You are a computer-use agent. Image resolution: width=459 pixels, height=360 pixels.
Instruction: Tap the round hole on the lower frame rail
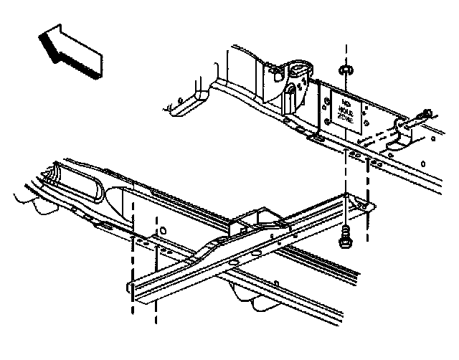[164, 231]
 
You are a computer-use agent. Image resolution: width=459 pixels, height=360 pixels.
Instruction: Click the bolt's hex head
[346, 242]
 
